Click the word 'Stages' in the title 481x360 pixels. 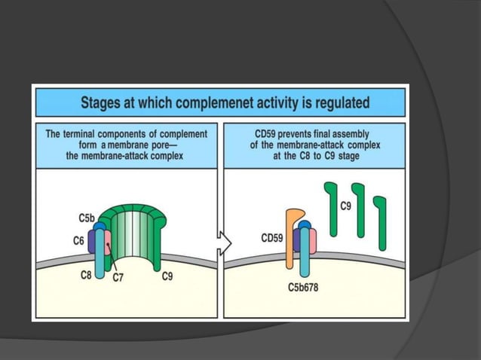pyautogui.click(x=104, y=102)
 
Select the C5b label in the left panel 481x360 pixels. pyautogui.click(x=87, y=218)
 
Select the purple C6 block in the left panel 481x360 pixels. pyautogui.click(x=92, y=241)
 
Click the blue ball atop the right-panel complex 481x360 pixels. pyautogui.click(x=304, y=224)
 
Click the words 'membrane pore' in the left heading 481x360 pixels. pyautogui.click(x=142, y=145)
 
